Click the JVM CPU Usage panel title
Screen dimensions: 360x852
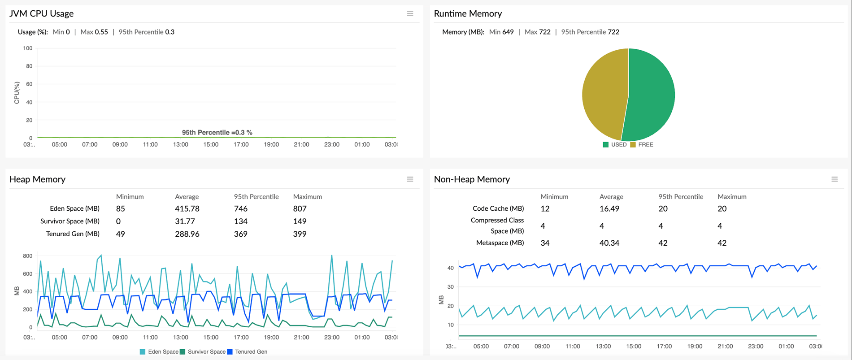[x=41, y=13]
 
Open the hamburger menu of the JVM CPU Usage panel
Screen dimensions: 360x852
[x=410, y=13]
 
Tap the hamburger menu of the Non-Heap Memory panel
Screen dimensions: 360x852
[x=835, y=179]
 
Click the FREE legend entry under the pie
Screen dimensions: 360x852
[x=642, y=145]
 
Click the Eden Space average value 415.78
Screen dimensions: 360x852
[x=187, y=209]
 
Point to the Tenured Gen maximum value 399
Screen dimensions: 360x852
[x=300, y=234]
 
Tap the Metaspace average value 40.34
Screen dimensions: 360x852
[x=609, y=243]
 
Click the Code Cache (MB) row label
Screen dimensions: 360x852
[x=498, y=208]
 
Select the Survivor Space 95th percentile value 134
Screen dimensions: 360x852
[x=240, y=221]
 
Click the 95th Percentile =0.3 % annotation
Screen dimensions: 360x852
[x=217, y=133]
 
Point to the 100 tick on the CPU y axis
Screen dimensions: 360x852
[x=28, y=48]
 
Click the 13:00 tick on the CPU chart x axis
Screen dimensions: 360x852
[x=181, y=144]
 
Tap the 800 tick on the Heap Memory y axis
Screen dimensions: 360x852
[x=28, y=256]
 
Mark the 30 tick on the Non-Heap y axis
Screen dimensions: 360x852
[x=450, y=287]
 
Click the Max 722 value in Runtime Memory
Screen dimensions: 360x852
[x=537, y=32]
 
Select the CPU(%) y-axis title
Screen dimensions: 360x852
[x=17, y=93]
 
